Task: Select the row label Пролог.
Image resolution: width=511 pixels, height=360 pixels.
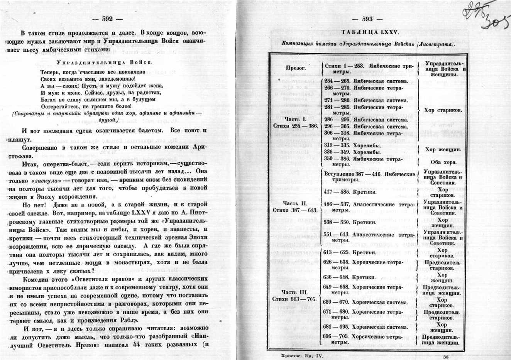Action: coord(296,68)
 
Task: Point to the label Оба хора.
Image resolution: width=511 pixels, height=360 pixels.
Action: coord(442,162)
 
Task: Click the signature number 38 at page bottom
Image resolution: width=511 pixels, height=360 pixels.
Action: coord(446,357)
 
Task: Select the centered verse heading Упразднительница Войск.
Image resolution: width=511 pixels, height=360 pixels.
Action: coord(104,62)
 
